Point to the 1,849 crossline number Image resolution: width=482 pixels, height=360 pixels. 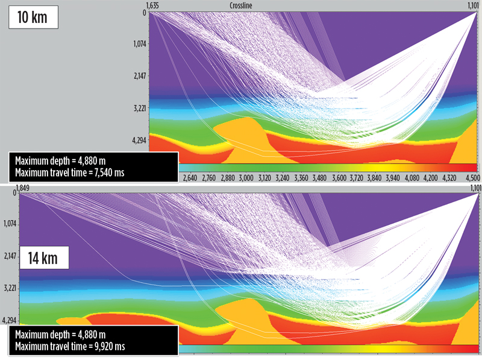(x=24, y=188)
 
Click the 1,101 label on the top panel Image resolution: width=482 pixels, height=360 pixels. (x=470, y=5)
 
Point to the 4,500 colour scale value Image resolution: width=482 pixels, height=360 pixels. (x=471, y=178)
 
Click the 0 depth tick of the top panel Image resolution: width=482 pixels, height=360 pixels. (x=145, y=12)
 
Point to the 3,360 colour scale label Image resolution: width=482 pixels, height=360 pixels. (x=302, y=178)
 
